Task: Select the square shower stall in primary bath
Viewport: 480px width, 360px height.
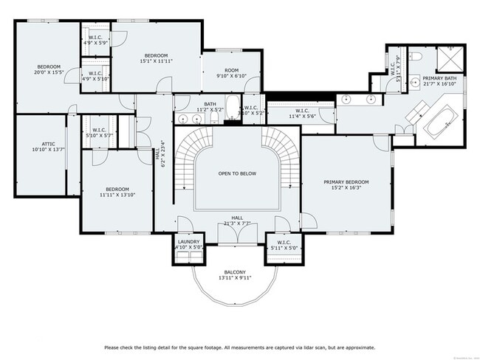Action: coord(448,59)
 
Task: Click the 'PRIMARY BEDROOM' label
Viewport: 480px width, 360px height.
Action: coord(346,181)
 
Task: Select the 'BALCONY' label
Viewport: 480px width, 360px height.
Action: coord(236,272)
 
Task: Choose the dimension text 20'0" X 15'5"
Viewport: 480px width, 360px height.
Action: coord(49,72)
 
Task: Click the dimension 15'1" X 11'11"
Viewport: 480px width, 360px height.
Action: coord(157,61)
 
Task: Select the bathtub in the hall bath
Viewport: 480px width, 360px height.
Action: coord(233,108)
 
